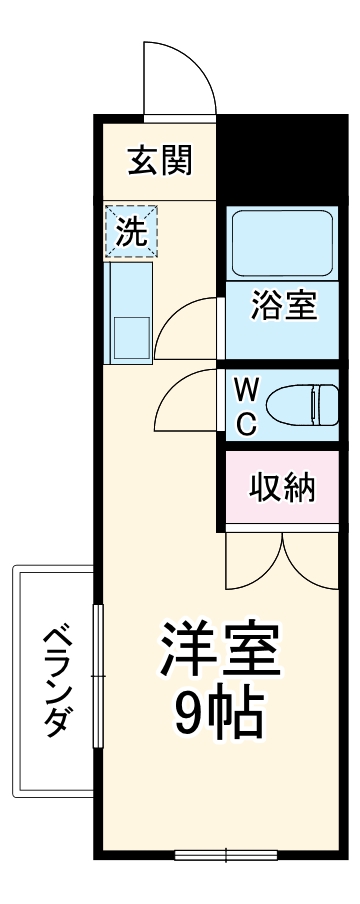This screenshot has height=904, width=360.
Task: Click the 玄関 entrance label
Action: click(x=159, y=159)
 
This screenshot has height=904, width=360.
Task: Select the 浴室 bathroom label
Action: click(x=284, y=306)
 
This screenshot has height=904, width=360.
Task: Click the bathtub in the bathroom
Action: click(x=281, y=244)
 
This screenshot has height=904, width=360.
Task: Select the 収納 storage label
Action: click(x=283, y=488)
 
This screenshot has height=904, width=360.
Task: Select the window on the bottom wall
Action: click(x=225, y=855)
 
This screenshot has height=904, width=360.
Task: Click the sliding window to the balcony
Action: click(x=97, y=676)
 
